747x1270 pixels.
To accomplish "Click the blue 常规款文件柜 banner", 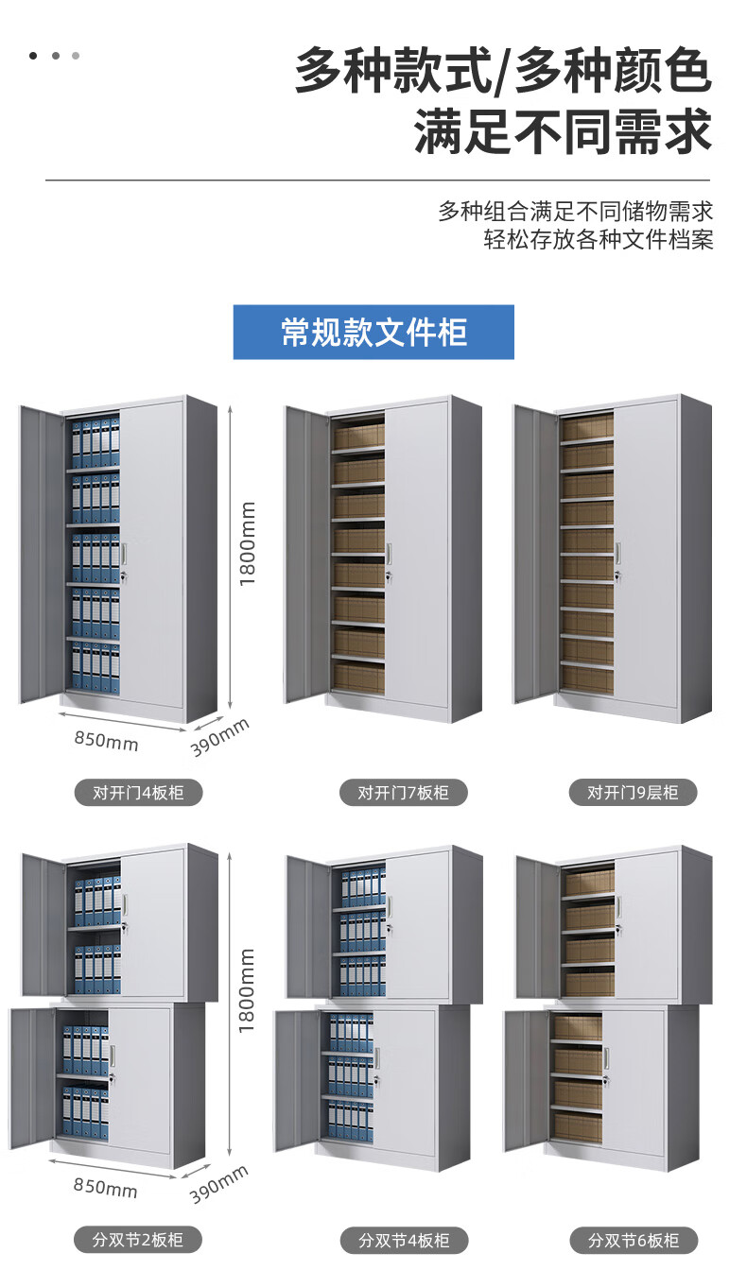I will click(x=373, y=332).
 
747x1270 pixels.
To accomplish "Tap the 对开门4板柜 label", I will click(x=139, y=793).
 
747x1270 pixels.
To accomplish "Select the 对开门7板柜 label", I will click(x=404, y=793).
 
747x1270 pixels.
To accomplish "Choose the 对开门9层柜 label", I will click(x=633, y=793).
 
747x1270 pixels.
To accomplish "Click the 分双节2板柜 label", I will click(x=139, y=1239).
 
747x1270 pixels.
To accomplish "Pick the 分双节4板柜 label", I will click(x=404, y=1239).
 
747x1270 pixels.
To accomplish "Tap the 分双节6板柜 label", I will click(x=633, y=1239).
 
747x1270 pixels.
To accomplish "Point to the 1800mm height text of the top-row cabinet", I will click(x=248, y=543).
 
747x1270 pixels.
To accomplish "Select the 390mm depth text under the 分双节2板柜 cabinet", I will click(x=219, y=1184).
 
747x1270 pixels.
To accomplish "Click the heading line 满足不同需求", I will click(x=563, y=133).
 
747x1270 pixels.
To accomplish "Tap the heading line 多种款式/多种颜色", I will click(x=502, y=73).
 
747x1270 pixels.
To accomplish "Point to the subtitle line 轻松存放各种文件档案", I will click(x=598, y=239).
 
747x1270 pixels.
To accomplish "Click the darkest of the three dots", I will click(x=33, y=56).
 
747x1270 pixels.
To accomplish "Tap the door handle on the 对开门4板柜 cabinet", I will click(x=124, y=552).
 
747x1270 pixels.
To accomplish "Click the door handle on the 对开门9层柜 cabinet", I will click(x=617, y=554).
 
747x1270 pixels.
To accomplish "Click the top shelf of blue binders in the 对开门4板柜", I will click(x=96, y=444).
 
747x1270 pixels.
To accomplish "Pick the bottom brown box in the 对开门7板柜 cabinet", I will click(x=358, y=678).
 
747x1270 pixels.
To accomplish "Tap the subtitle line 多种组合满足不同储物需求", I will click(x=575, y=211).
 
